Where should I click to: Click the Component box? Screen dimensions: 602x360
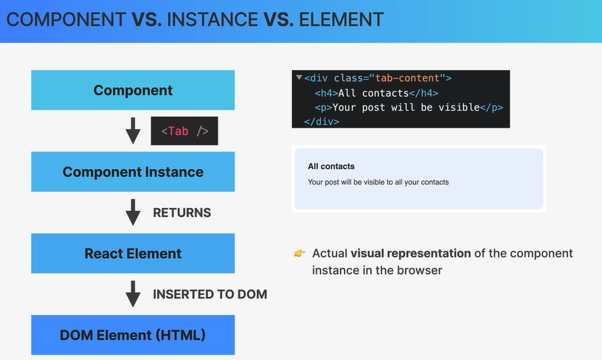pyautogui.click(x=133, y=90)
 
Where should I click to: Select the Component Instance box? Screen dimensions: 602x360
pyautogui.click(x=133, y=172)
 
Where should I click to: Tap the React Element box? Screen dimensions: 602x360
pyautogui.click(x=133, y=253)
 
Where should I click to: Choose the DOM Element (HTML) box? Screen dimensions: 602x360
pyautogui.click(x=133, y=335)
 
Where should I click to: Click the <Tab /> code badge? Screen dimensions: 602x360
pyautogui.click(x=184, y=131)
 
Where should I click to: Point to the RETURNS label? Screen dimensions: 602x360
pyautogui.click(x=182, y=212)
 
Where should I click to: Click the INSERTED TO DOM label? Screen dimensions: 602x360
pyautogui.click(x=210, y=294)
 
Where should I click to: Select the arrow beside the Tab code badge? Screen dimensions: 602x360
pyautogui.click(x=133, y=131)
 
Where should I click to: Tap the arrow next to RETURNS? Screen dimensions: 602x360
pyautogui.click(x=133, y=212)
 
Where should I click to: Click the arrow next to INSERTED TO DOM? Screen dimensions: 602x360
pyautogui.click(x=133, y=294)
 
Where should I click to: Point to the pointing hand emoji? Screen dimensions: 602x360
pyautogui.click(x=300, y=253)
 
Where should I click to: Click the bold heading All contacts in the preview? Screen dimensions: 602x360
pyautogui.click(x=331, y=166)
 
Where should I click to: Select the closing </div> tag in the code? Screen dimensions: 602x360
pyautogui.click(x=322, y=122)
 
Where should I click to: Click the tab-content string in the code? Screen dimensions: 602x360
pyautogui.click(x=407, y=78)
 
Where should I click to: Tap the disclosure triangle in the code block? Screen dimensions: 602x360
pyautogui.click(x=299, y=77)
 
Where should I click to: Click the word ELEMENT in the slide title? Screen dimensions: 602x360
pyautogui.click(x=342, y=20)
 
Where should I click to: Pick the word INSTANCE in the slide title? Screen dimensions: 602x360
pyautogui.click(x=212, y=20)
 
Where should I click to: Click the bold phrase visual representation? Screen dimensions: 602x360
pyautogui.click(x=410, y=253)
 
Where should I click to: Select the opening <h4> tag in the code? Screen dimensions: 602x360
pyautogui.click(x=326, y=93)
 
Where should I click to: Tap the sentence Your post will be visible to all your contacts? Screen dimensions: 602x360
pyautogui.click(x=378, y=182)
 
